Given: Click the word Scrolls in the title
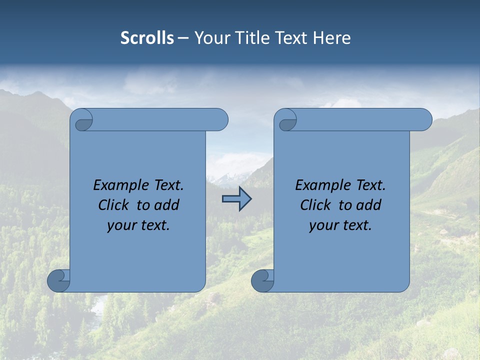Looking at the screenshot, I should (147, 38).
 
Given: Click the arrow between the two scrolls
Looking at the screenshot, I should (236, 198).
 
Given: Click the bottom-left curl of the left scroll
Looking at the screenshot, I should (58, 280).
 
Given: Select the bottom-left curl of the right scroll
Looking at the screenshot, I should (262, 280).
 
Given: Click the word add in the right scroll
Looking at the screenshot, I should (369, 205).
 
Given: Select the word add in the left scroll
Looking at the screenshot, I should (167, 205).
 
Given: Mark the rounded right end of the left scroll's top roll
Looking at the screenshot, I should (220, 119).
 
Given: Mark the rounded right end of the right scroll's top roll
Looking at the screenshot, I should (424, 119).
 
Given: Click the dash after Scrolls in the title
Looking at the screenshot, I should (183, 38).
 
